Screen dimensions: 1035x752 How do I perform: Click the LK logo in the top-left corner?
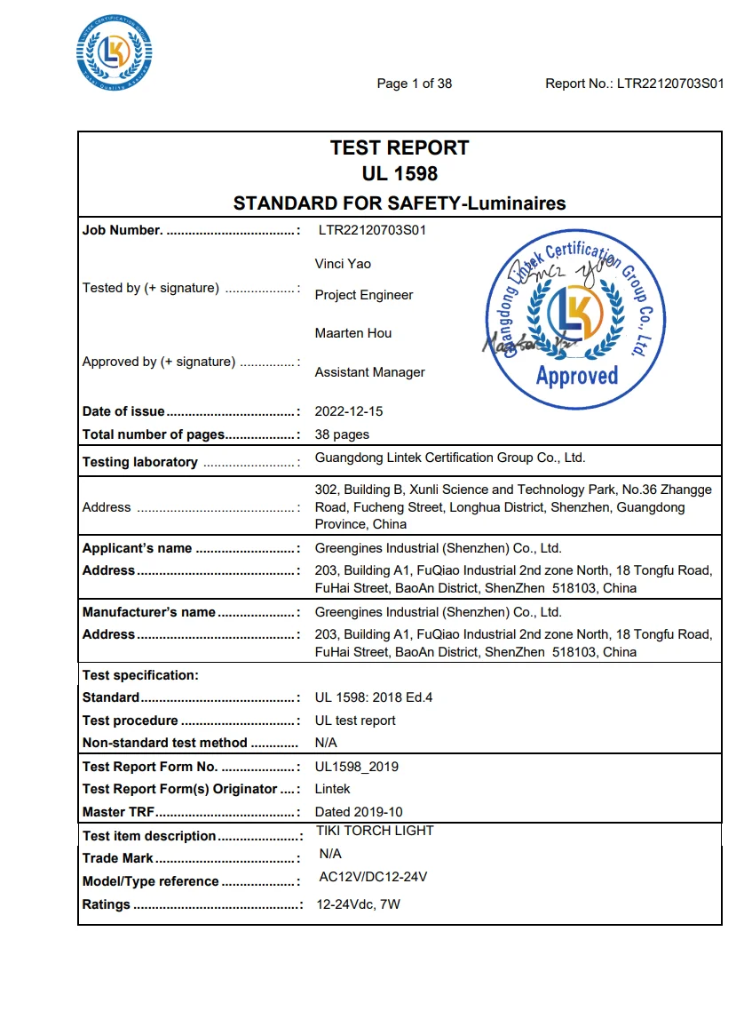114,52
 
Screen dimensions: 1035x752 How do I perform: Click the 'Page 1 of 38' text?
414,84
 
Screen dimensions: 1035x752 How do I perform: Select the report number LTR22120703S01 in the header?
670,84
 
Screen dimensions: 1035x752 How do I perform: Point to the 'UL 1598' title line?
400,174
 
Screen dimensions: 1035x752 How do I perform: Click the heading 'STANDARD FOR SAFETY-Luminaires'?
400,203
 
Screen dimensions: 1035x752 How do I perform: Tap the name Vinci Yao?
343,264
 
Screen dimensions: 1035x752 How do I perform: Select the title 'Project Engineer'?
364,295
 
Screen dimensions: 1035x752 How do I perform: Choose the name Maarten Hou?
353,333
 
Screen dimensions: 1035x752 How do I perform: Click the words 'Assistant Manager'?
369,372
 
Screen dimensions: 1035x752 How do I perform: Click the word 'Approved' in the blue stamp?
576,376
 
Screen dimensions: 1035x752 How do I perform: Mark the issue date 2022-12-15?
349,411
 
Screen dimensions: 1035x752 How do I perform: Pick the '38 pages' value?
342,434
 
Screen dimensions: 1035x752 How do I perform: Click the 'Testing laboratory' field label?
140,462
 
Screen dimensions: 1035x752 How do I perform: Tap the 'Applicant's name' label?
138,548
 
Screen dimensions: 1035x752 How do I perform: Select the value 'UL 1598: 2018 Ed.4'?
374,697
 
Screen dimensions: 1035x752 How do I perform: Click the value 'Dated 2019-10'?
359,811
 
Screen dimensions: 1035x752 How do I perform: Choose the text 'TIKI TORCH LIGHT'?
375,831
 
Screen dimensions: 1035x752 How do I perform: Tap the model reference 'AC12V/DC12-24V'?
373,877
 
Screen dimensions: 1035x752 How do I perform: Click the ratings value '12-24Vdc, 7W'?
358,904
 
